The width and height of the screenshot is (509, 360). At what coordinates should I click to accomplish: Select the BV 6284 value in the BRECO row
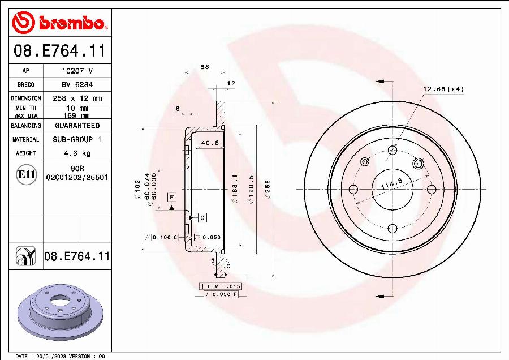[x=77, y=84]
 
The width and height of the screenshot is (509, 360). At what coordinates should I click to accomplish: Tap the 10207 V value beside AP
[x=77, y=71]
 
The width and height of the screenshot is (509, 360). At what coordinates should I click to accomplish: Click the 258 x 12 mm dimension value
[x=77, y=98]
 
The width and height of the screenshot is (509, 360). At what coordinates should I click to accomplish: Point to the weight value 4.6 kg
[x=77, y=153]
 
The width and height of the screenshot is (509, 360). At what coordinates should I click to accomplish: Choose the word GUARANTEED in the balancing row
[x=77, y=126]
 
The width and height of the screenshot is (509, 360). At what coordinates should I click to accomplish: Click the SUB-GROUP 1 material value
[x=77, y=139]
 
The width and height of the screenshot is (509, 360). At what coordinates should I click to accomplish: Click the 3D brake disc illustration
[x=59, y=313]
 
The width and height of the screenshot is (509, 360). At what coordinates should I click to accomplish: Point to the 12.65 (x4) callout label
[x=443, y=89]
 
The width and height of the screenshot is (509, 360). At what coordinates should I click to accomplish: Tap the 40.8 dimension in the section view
[x=210, y=143]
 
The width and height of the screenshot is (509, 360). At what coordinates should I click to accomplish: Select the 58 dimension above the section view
[x=205, y=67]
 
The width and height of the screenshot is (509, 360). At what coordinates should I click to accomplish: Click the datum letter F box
[x=171, y=196]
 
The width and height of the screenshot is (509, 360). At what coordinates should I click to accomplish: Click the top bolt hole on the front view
[x=392, y=151]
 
